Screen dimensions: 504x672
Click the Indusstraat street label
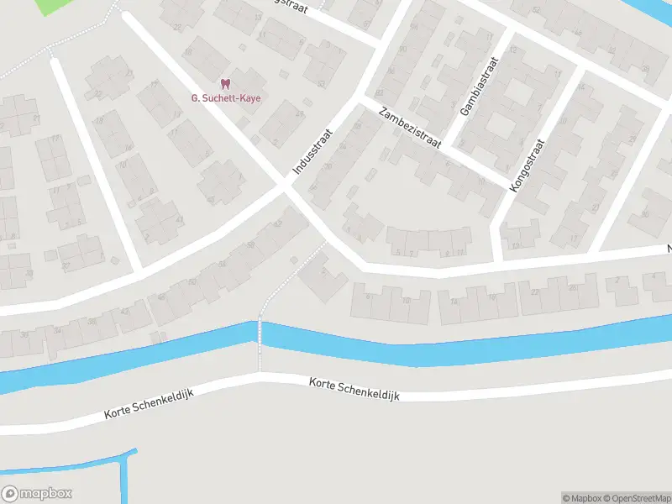tap(313, 152)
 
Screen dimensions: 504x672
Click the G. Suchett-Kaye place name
tap(225, 97)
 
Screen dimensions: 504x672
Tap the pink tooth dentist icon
tap(224, 84)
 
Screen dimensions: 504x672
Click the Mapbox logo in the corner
tap(36, 494)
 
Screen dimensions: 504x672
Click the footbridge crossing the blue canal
tap(260, 336)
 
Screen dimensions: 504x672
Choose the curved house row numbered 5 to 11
tap(428, 242)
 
